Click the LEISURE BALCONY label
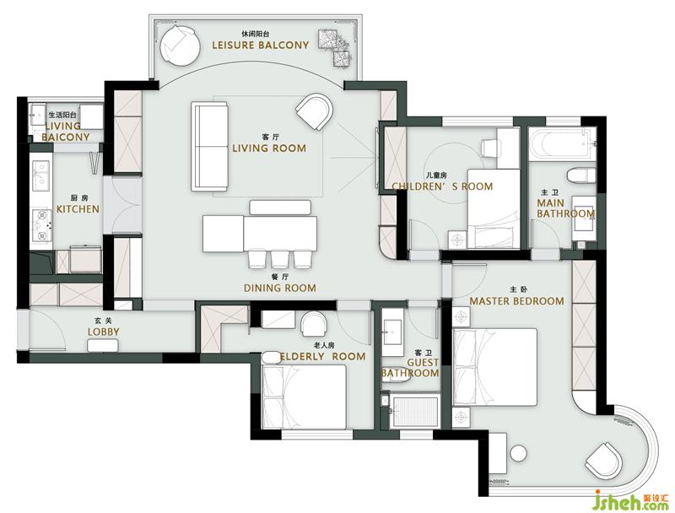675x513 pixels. [261, 46]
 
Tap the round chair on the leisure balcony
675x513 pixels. [180, 46]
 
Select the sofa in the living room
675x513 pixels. [209, 146]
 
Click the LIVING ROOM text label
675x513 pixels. [269, 148]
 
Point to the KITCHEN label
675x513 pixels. [78, 209]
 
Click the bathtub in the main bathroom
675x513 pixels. [560, 143]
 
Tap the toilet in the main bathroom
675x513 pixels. [580, 176]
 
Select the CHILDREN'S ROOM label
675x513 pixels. [442, 186]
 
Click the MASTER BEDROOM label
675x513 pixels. [516, 301]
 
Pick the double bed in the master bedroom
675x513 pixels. [494, 367]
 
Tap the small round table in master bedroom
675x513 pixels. [518, 454]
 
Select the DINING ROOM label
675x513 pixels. [280, 288]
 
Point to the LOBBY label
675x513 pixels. [103, 332]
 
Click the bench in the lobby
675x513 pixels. [103, 346]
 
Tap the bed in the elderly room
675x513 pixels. [304, 397]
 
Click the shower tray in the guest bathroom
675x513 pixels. [415, 412]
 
